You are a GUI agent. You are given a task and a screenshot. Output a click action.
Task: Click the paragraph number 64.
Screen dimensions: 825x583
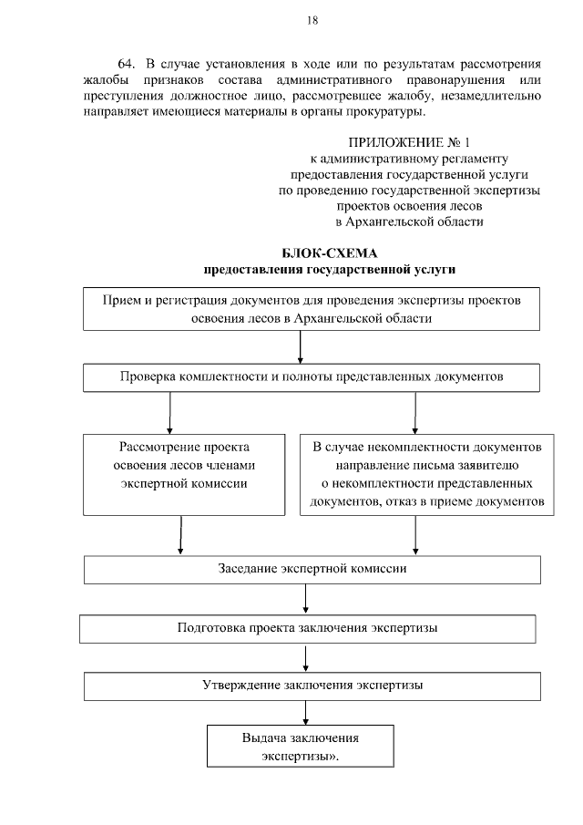(x=128, y=65)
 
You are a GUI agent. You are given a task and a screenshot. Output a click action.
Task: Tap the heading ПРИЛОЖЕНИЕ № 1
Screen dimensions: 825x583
(x=409, y=143)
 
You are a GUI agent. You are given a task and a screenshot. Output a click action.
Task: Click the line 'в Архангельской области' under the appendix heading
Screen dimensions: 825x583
(x=409, y=221)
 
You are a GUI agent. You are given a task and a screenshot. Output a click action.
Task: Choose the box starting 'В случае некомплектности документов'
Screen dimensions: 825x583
(x=427, y=474)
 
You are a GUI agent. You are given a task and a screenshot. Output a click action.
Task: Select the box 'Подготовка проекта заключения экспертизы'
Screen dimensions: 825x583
(x=307, y=629)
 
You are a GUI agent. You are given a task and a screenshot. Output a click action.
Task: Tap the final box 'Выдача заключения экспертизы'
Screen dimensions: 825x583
(x=300, y=746)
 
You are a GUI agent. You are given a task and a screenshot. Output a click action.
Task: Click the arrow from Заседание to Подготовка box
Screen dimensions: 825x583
(x=305, y=599)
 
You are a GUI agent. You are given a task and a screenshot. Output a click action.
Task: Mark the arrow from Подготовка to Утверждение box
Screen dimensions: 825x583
(x=305, y=657)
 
